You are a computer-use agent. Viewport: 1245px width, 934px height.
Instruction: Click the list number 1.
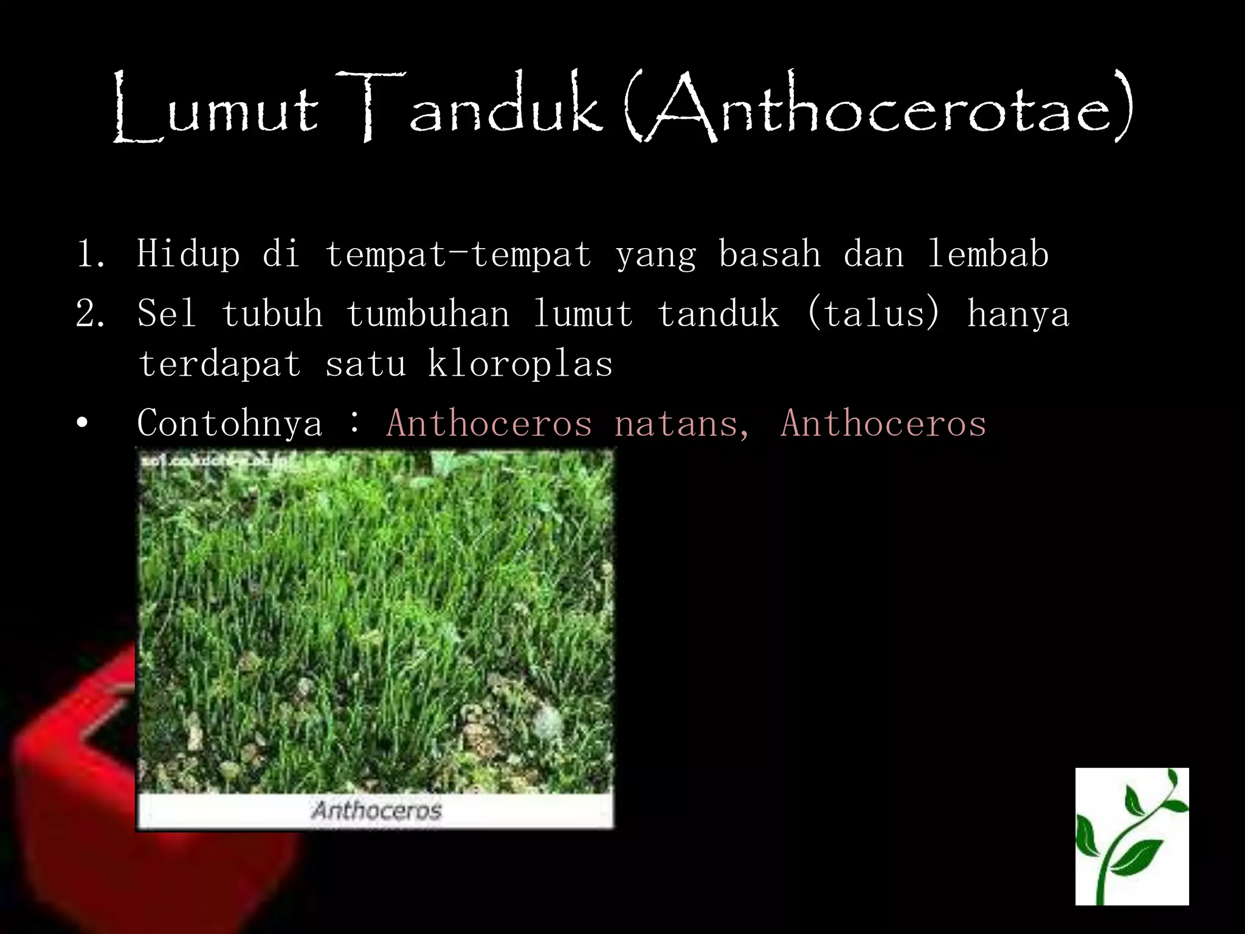tap(90, 254)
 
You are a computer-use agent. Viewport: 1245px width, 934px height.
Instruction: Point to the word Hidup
tap(188, 254)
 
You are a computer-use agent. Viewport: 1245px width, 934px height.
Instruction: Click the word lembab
tap(988, 254)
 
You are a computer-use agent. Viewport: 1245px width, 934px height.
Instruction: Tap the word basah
tap(769, 254)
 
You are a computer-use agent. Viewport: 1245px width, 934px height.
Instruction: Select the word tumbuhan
tap(427, 314)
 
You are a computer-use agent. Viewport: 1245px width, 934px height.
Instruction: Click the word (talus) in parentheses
tap(873, 313)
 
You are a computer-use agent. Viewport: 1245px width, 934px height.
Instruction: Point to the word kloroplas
tap(520, 364)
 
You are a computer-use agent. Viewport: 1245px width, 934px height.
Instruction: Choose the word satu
tap(365, 364)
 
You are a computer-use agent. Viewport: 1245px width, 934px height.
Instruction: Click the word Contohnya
tap(230, 423)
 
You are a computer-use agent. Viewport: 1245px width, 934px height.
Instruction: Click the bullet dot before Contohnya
tap(83, 423)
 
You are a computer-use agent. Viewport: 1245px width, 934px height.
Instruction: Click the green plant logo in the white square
tap(1131, 836)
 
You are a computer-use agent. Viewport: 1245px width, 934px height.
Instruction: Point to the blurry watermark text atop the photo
tap(219, 462)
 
